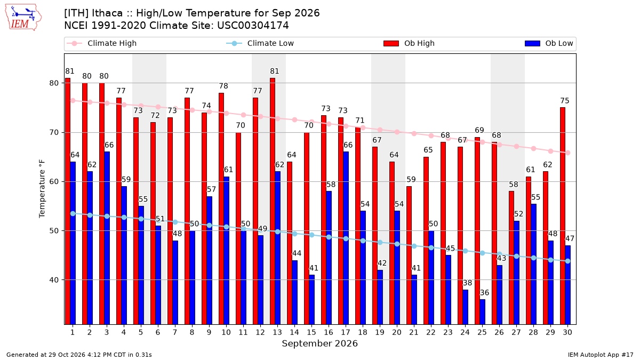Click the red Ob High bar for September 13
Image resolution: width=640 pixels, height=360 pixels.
coord(273,201)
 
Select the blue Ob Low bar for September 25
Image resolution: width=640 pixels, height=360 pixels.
coord(482,311)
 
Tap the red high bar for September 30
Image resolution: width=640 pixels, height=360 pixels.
coord(563,215)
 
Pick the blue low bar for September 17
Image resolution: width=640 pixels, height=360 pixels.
coord(346,238)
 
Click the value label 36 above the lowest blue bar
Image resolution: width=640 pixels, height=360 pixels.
coord(484,293)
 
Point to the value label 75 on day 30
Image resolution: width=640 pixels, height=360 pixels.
coord(565,101)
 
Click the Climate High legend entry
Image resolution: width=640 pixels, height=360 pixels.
coord(101,43)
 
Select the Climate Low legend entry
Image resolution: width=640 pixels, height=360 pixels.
coord(260,43)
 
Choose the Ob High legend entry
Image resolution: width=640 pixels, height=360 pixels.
coord(409,43)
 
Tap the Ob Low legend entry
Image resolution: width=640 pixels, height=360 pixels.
coord(549,43)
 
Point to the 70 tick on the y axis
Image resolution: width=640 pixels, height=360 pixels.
coord(54,133)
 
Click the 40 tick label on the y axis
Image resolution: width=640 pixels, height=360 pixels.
coord(54,280)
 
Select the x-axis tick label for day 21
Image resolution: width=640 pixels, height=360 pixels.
coord(414,332)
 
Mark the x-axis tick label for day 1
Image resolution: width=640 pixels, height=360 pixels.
coord(73,332)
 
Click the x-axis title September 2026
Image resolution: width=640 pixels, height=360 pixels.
coord(319,343)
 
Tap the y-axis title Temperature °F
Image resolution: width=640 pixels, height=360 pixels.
coord(42,189)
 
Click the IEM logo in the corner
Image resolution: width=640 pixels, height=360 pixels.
coord(23,17)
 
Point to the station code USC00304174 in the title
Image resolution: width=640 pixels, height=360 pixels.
coord(253,26)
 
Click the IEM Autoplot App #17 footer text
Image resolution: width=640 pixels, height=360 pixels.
coord(601,355)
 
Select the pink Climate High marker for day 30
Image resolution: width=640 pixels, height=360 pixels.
coord(567,153)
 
